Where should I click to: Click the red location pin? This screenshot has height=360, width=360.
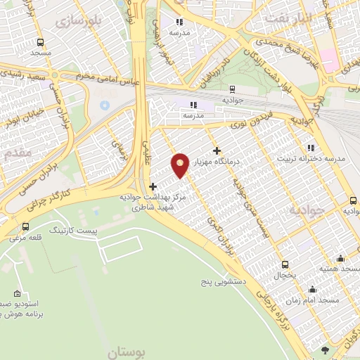pos(181,164)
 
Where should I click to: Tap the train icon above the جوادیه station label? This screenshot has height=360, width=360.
pos(232,89)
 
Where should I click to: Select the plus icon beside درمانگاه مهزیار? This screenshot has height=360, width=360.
pos(217,150)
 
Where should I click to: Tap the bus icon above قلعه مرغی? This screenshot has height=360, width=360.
pos(26,226)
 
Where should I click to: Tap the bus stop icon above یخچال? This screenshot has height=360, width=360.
pos(284,264)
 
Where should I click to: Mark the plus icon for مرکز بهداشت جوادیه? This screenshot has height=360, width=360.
pos(153,186)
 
